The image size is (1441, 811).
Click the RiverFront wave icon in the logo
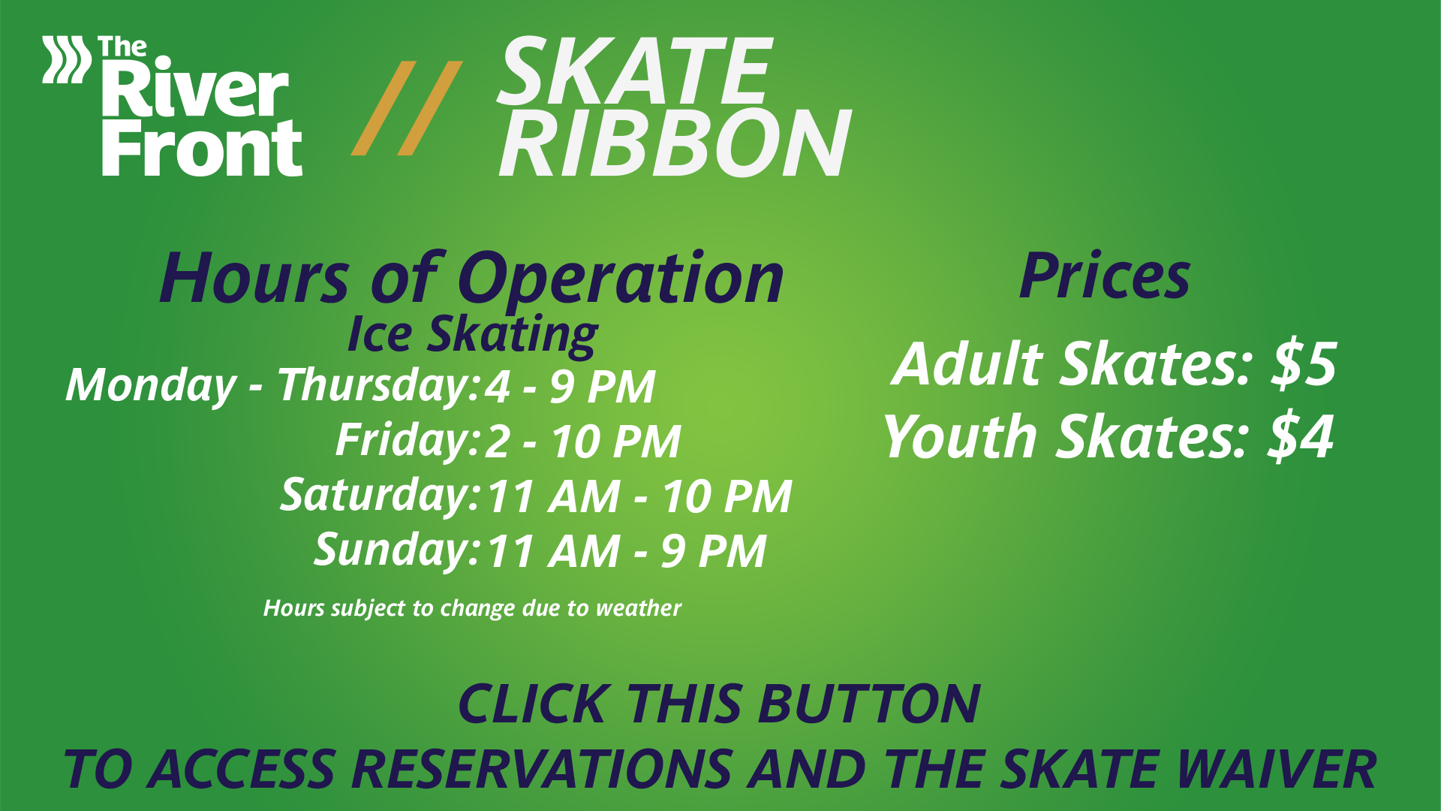point(66,59)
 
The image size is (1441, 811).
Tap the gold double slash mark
point(407,108)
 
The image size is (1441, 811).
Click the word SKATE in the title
point(635,72)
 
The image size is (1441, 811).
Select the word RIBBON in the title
point(674,143)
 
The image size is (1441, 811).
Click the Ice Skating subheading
point(472,335)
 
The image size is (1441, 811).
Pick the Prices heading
point(1105,276)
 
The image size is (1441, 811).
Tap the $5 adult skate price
point(1304,364)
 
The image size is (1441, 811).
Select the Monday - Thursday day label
point(272,386)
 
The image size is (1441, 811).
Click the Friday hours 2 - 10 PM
point(582,441)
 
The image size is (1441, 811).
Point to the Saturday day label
point(379,496)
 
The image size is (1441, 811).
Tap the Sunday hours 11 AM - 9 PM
point(627,551)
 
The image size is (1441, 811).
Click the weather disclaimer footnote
point(472,608)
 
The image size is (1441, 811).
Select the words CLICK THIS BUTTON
point(719,704)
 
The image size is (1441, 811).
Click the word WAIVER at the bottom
point(1276,769)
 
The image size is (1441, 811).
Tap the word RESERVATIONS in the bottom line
point(541,769)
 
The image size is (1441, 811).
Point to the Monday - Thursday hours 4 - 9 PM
point(570,387)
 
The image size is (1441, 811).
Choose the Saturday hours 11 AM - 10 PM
point(639,496)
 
